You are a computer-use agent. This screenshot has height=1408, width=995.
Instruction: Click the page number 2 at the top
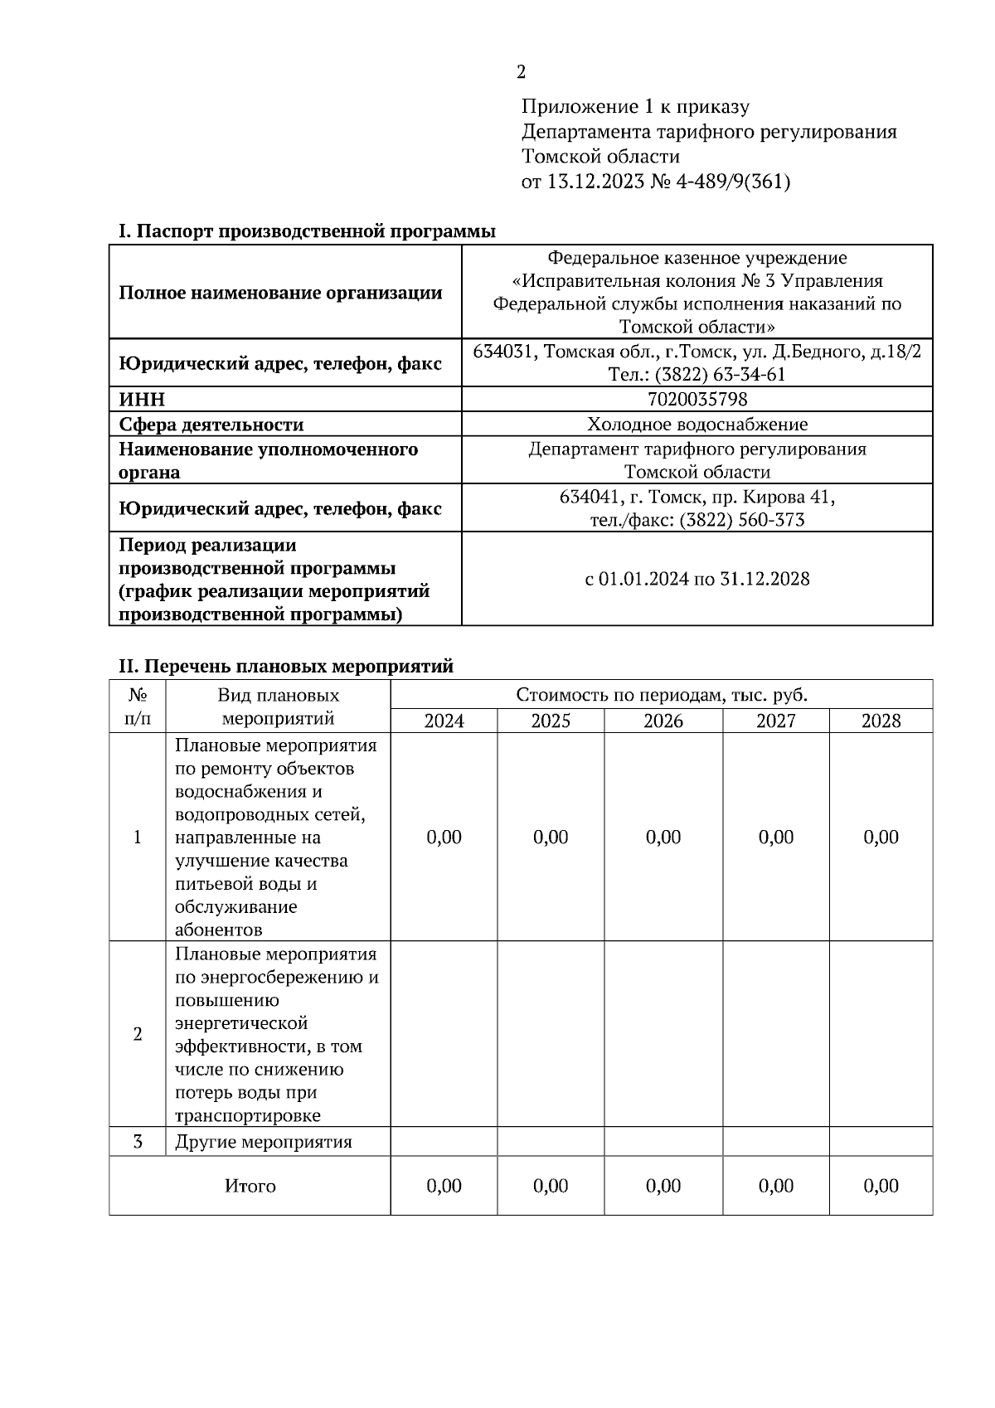pos(521,72)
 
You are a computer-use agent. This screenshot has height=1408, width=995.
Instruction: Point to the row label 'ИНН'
pos(142,400)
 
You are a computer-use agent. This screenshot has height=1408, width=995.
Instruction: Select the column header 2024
pos(444,721)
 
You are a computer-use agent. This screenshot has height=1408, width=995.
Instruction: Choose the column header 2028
pos(881,721)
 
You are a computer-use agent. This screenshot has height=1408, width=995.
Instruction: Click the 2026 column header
pos(663,721)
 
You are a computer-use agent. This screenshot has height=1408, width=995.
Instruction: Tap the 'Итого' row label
pos(250,1186)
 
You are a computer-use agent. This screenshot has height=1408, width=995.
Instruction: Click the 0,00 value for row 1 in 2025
pos(551,837)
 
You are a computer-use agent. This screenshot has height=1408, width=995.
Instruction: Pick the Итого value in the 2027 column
pos(775,1186)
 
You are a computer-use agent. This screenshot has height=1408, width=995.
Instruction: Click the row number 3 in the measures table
pos(138,1142)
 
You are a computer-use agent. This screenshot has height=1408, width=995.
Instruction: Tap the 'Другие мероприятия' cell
pos(264,1142)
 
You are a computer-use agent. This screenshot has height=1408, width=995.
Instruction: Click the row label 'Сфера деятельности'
pos(211,425)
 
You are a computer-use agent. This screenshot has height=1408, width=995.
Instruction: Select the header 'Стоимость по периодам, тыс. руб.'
pos(661,695)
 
